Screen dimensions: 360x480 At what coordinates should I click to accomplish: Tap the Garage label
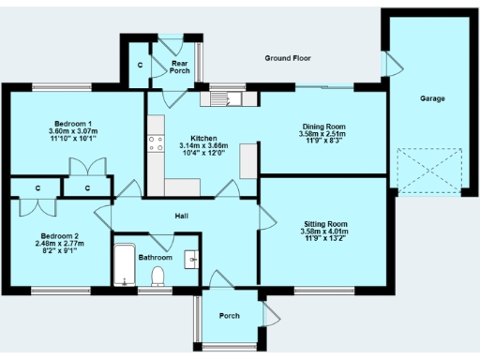[x=431, y=98]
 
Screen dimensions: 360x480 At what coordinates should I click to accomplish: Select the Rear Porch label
[x=180, y=67]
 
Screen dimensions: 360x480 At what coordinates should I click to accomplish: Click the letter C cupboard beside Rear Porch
[x=140, y=65]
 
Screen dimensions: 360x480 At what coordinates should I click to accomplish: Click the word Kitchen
[x=203, y=137]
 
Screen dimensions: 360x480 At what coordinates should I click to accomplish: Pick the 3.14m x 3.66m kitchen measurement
[x=203, y=145]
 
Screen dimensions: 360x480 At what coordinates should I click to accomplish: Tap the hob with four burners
[x=155, y=146]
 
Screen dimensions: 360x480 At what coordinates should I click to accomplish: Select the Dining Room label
[x=323, y=127]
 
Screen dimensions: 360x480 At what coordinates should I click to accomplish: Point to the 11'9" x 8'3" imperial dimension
[x=323, y=142]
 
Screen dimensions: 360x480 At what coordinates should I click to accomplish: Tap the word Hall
[x=183, y=217]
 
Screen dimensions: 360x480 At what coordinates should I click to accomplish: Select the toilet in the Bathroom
[x=157, y=275]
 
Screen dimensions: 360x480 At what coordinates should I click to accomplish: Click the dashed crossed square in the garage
[x=430, y=171]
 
